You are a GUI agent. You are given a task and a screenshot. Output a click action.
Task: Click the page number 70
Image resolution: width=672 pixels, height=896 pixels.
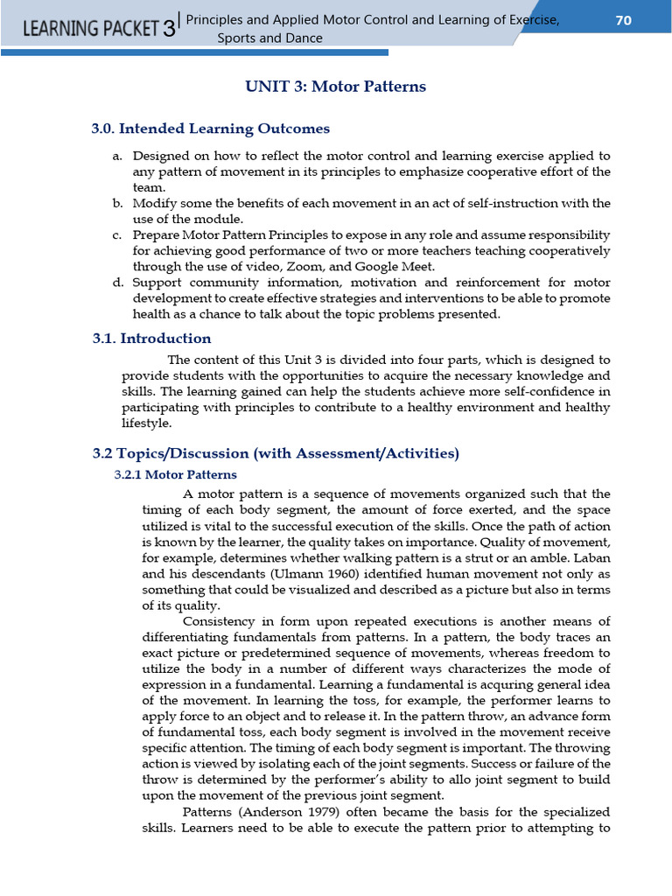coord(623,21)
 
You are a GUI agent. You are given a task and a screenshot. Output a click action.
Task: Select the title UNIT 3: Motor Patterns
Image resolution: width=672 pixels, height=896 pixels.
coord(334,87)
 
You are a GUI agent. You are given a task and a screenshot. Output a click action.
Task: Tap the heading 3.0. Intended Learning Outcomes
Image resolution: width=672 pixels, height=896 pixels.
coord(211,129)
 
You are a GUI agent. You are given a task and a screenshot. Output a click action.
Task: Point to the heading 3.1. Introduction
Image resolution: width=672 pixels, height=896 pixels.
coord(151,338)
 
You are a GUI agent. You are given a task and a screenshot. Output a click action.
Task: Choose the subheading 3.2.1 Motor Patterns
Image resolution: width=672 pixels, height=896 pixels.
coord(175,474)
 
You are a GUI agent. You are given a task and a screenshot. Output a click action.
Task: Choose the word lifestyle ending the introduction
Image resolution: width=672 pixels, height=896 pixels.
coord(146,423)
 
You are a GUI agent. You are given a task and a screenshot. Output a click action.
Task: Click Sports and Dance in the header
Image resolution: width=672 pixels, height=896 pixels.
coord(269,38)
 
